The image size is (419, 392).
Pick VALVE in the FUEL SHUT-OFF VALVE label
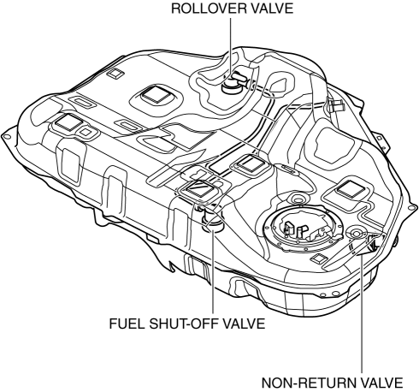point(243,324)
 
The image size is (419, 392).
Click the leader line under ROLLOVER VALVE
point(230,48)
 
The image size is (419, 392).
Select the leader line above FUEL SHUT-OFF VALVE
point(213,271)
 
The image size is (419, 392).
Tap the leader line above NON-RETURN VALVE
point(362,314)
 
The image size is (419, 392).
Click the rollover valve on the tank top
point(233,83)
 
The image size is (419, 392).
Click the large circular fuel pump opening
point(303,229)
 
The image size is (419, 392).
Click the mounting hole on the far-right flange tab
point(410,207)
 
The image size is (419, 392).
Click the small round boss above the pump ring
point(298,199)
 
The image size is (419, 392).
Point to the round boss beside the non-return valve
point(356,233)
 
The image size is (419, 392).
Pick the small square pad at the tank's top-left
point(115,74)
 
